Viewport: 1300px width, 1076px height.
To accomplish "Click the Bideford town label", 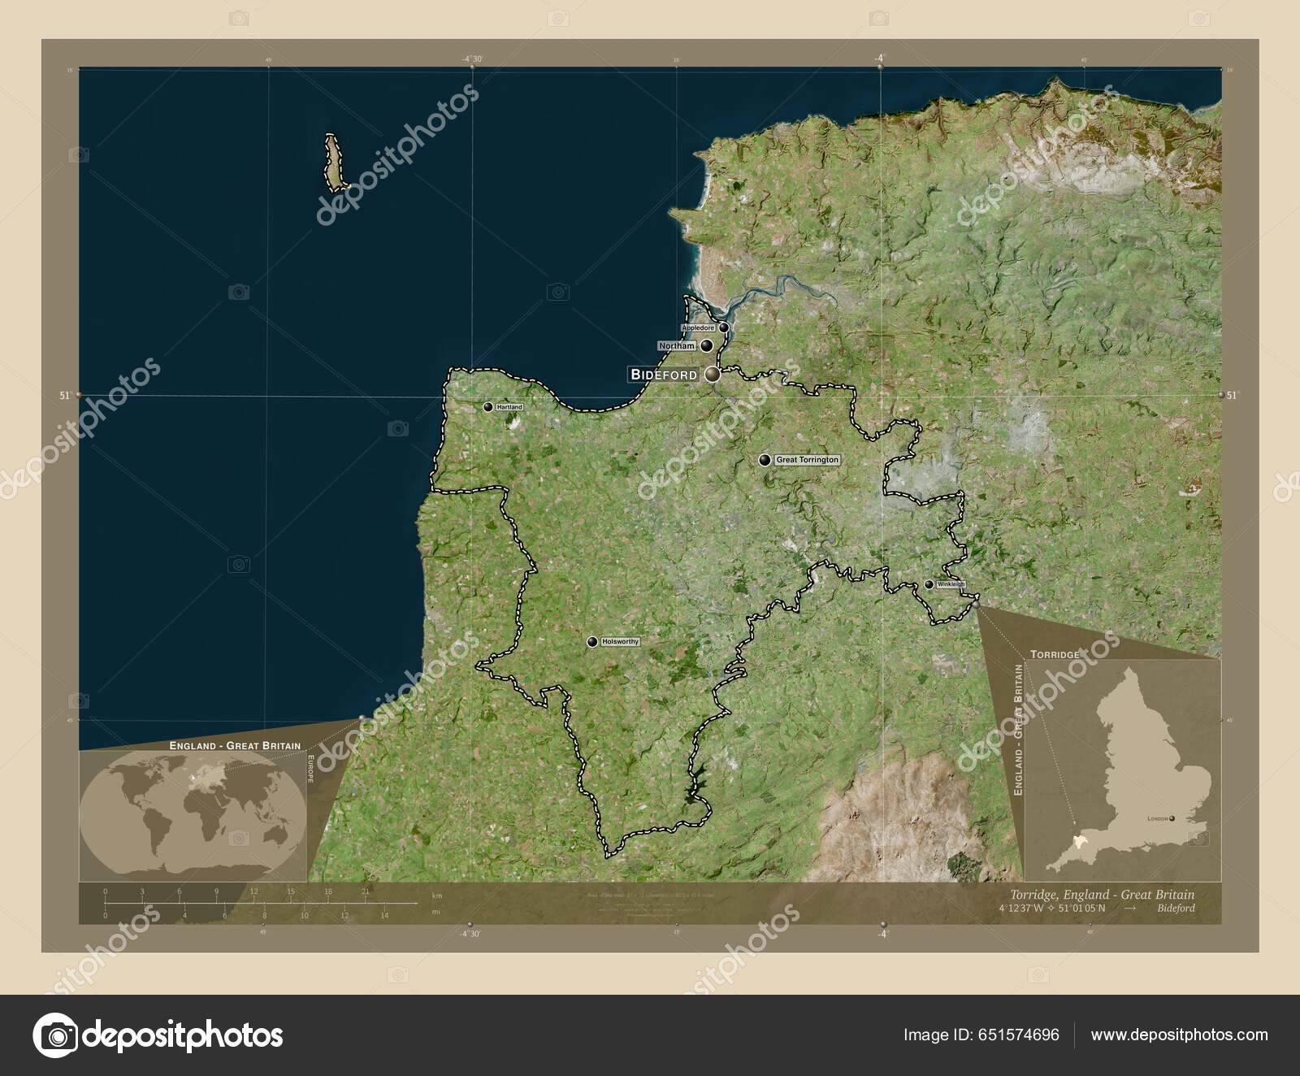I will (x=664, y=375).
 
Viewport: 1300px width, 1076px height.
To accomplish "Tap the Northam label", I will (x=677, y=345).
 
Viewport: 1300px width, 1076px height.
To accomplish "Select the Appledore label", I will (x=698, y=328).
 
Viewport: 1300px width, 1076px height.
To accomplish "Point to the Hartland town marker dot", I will (x=487, y=406).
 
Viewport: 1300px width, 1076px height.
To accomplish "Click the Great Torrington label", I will (x=807, y=460).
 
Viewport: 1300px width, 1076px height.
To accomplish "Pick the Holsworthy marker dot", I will (x=592, y=642).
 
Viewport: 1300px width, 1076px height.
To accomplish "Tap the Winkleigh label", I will (x=951, y=584).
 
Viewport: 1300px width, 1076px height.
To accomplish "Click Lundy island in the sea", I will (x=334, y=160).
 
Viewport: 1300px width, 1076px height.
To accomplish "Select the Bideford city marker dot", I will (x=713, y=375).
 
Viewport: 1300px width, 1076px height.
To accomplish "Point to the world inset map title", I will (x=235, y=745).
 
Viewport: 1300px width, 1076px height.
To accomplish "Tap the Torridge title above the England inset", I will (x=1055, y=654).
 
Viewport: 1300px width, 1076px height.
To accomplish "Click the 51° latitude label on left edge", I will (x=65, y=395).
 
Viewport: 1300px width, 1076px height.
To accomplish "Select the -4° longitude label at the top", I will (x=880, y=59).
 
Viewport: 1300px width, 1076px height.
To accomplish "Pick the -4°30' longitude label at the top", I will (x=472, y=59).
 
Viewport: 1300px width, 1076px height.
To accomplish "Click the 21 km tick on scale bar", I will (x=365, y=892).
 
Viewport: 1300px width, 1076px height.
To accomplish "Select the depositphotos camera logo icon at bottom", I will (x=55, y=1035).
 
